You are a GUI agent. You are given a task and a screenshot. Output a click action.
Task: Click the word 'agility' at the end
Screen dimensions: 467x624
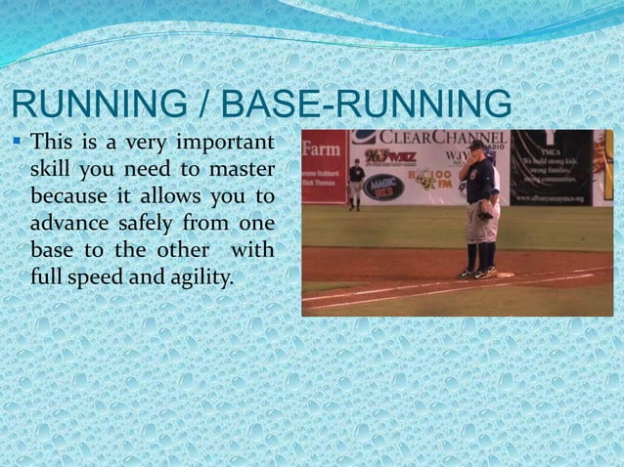click(x=201, y=276)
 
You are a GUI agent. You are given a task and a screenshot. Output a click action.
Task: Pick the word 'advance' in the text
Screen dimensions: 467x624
click(x=67, y=224)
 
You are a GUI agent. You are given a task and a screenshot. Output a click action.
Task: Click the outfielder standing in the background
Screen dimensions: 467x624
click(x=357, y=183)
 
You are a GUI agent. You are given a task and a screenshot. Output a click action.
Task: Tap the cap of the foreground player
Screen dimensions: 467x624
click(x=479, y=147)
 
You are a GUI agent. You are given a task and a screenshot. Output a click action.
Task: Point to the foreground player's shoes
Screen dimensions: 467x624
click(x=478, y=272)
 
